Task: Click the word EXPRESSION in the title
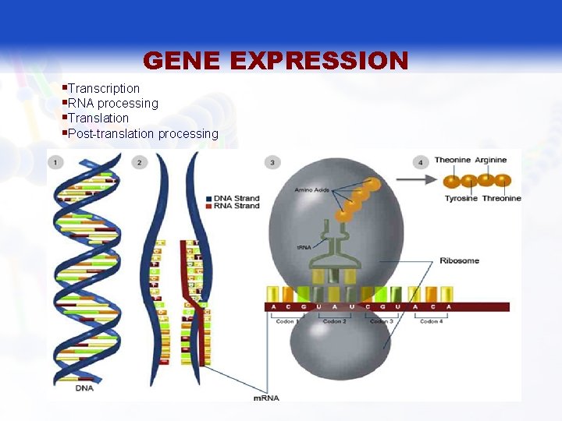[321, 60]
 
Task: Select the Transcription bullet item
[104, 88]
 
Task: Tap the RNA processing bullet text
[113, 103]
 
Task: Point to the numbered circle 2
[139, 162]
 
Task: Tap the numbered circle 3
[272, 162]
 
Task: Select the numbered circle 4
[421, 162]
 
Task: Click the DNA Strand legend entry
[237, 198]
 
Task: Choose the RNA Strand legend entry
[237, 205]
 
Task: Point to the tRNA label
[304, 247]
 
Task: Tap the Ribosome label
[459, 260]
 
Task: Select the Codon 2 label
[334, 321]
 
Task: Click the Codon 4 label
[429, 321]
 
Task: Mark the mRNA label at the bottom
[267, 398]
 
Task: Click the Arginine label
[490, 160]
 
